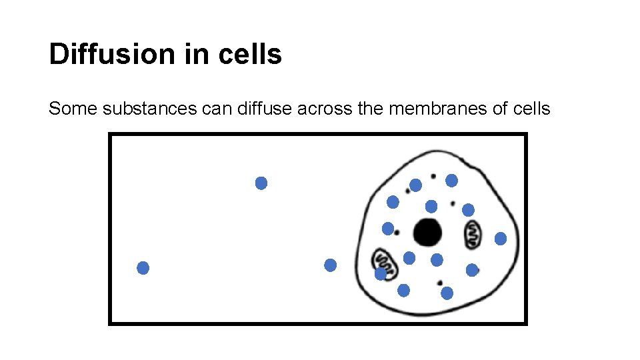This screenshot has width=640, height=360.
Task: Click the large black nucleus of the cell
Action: [427, 233]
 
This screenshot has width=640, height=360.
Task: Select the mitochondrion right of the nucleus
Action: [472, 233]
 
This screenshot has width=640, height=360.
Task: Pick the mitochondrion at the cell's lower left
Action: [385, 263]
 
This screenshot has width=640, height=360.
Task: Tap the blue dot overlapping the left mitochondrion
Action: [380, 273]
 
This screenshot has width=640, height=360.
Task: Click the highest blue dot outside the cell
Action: [261, 183]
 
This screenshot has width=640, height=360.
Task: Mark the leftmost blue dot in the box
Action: [143, 268]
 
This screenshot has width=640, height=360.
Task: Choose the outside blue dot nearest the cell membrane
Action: [330, 265]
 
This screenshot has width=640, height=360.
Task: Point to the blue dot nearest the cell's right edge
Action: [501, 239]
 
